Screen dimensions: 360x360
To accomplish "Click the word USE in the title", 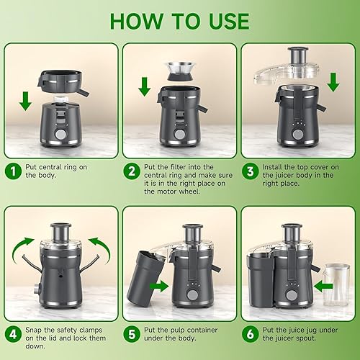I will pyautogui.click(x=220, y=21).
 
